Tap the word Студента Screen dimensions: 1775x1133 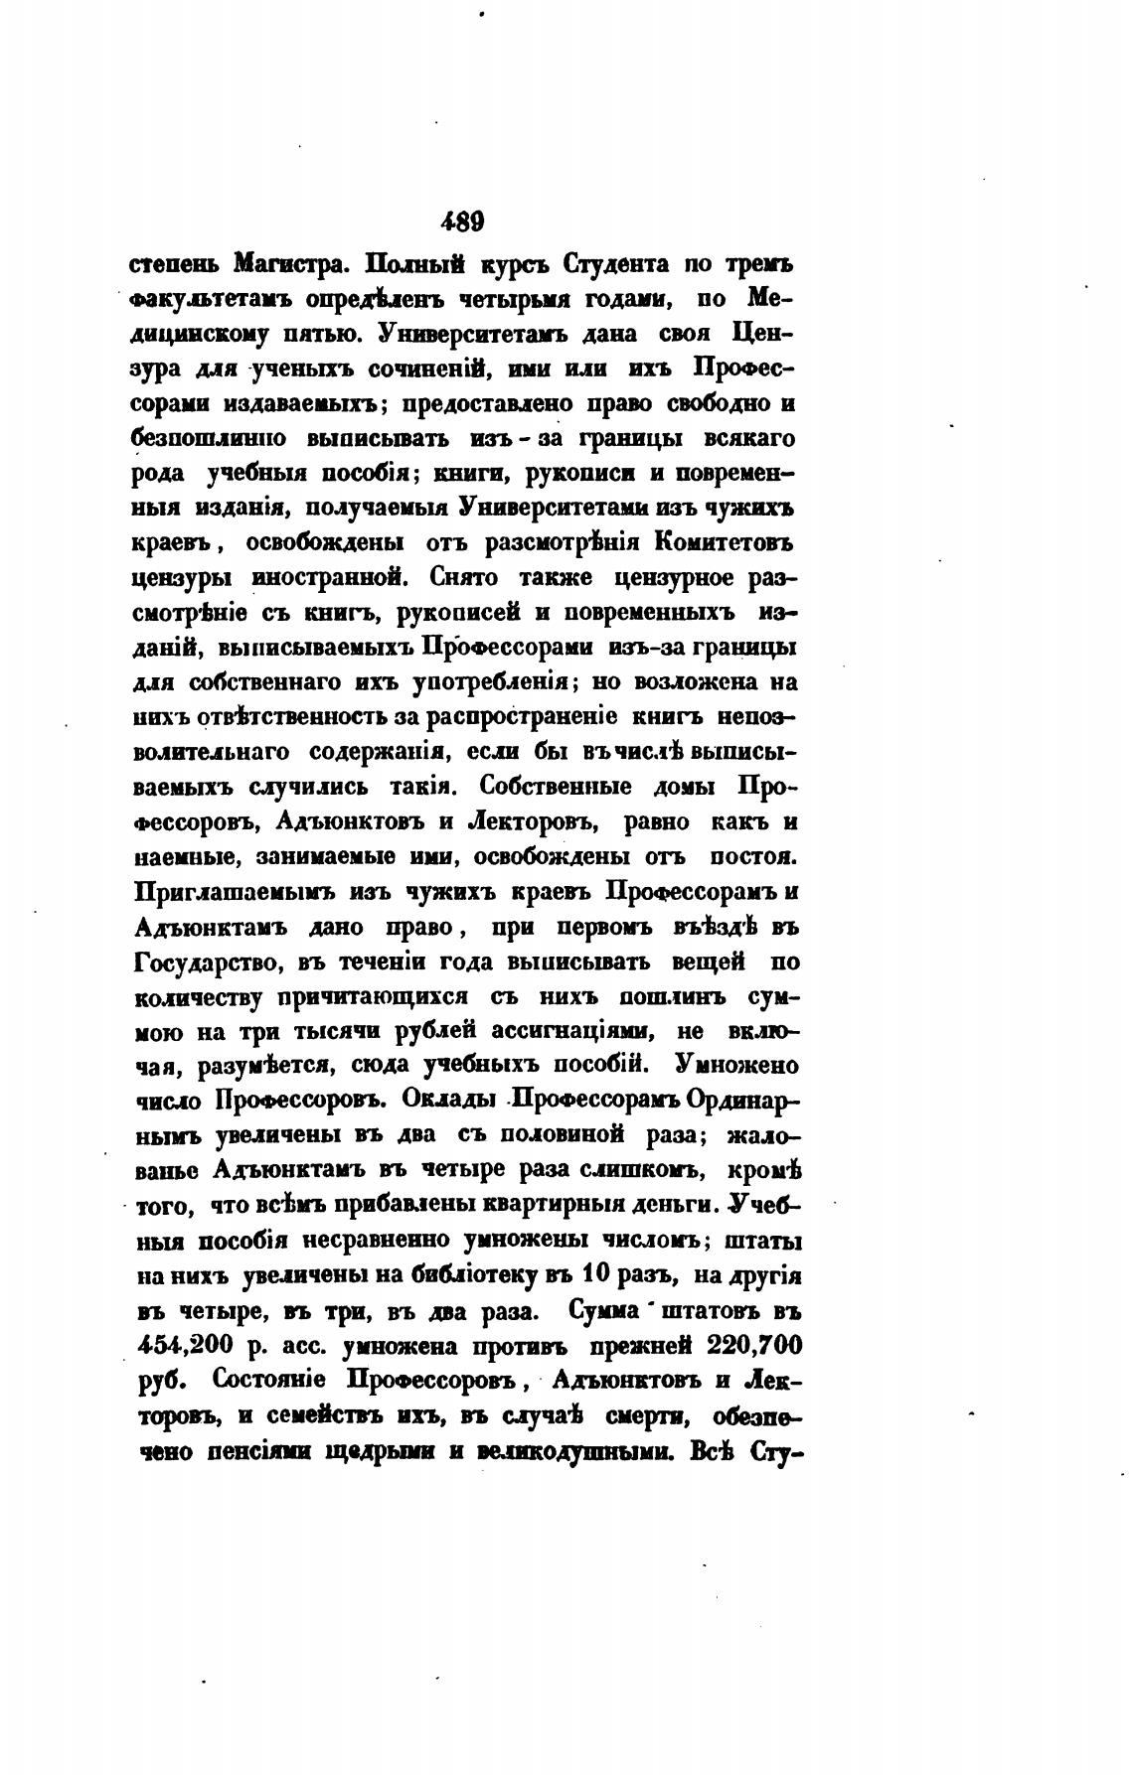point(618,265)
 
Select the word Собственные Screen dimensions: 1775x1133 point(547,786)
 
